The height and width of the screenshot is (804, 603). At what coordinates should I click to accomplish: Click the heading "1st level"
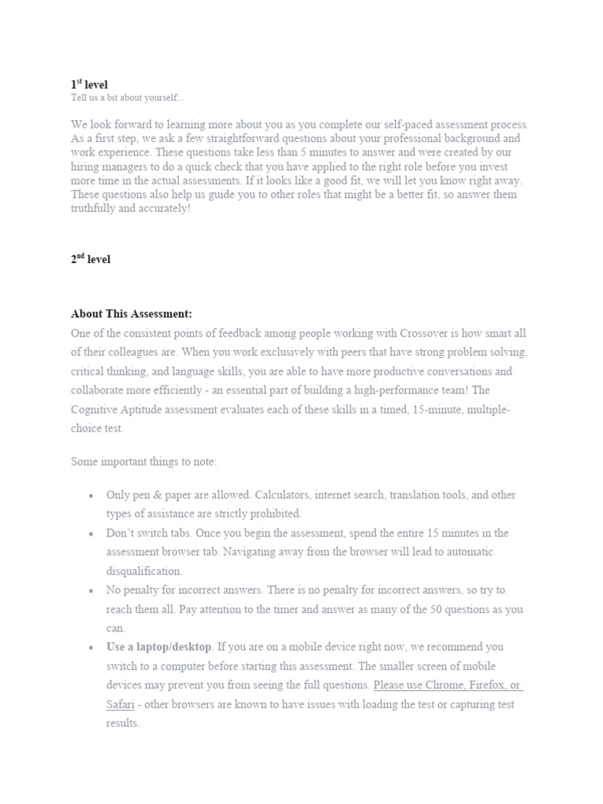(x=90, y=83)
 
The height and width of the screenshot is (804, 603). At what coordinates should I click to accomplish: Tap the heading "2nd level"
(x=91, y=259)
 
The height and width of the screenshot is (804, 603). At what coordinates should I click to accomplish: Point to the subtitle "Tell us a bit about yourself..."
(x=127, y=97)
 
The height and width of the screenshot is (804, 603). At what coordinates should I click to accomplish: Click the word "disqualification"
(x=144, y=571)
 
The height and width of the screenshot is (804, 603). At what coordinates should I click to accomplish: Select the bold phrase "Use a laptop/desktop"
(x=159, y=647)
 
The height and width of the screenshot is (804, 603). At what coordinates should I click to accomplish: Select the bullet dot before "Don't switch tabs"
(x=91, y=534)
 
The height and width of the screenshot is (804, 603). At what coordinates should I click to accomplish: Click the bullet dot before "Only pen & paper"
(x=91, y=496)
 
